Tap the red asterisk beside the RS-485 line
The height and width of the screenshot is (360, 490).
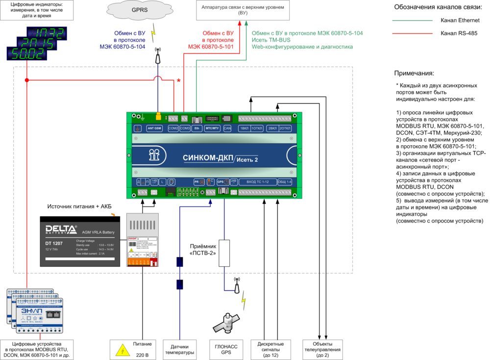click(179, 81)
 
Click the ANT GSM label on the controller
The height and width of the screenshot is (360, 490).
click(154, 129)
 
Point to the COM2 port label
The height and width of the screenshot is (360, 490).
click(173, 129)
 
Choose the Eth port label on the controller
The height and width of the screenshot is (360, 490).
click(196, 129)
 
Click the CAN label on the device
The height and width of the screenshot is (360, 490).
click(227, 129)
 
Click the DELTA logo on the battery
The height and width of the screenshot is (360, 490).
click(61, 230)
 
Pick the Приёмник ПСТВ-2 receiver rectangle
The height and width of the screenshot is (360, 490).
click(224, 253)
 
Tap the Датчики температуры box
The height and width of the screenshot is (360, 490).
click(179, 349)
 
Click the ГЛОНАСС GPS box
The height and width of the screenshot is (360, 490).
click(226, 349)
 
